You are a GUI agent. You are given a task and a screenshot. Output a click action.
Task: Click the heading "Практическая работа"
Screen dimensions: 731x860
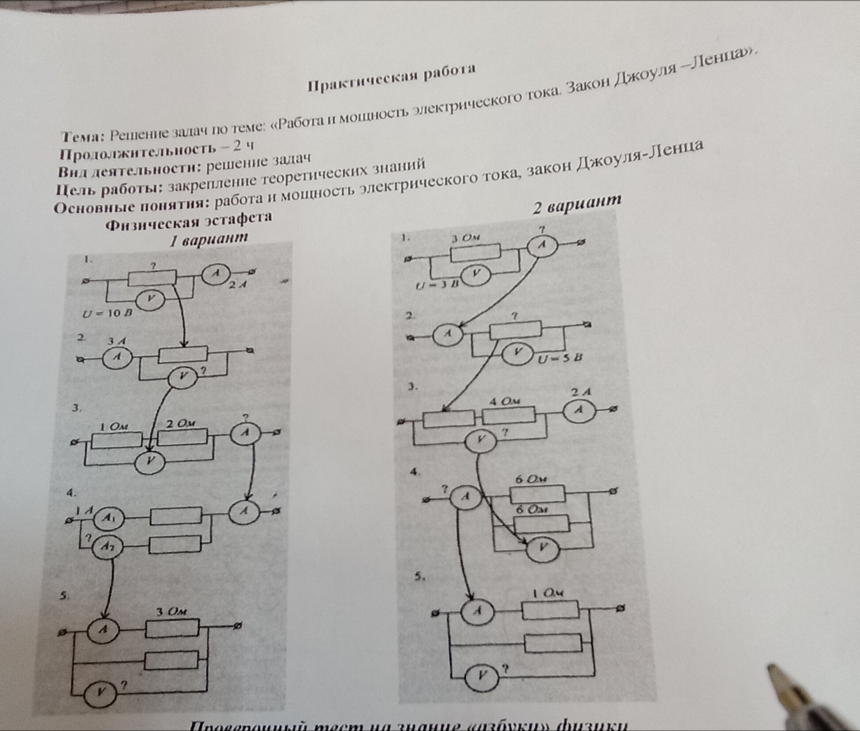(x=392, y=79)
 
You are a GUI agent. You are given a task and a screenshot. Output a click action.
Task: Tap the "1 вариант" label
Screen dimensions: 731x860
(x=209, y=239)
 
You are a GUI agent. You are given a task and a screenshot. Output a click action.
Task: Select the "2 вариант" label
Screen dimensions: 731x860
(x=577, y=204)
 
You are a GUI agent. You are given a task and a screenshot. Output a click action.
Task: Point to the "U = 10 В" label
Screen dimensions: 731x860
(x=106, y=314)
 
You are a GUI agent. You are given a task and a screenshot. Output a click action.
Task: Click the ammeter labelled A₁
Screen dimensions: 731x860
(x=111, y=518)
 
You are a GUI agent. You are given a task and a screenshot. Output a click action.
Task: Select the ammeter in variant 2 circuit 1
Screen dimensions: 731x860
(x=541, y=245)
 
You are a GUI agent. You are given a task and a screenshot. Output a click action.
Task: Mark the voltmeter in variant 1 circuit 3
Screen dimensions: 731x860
(x=149, y=461)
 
